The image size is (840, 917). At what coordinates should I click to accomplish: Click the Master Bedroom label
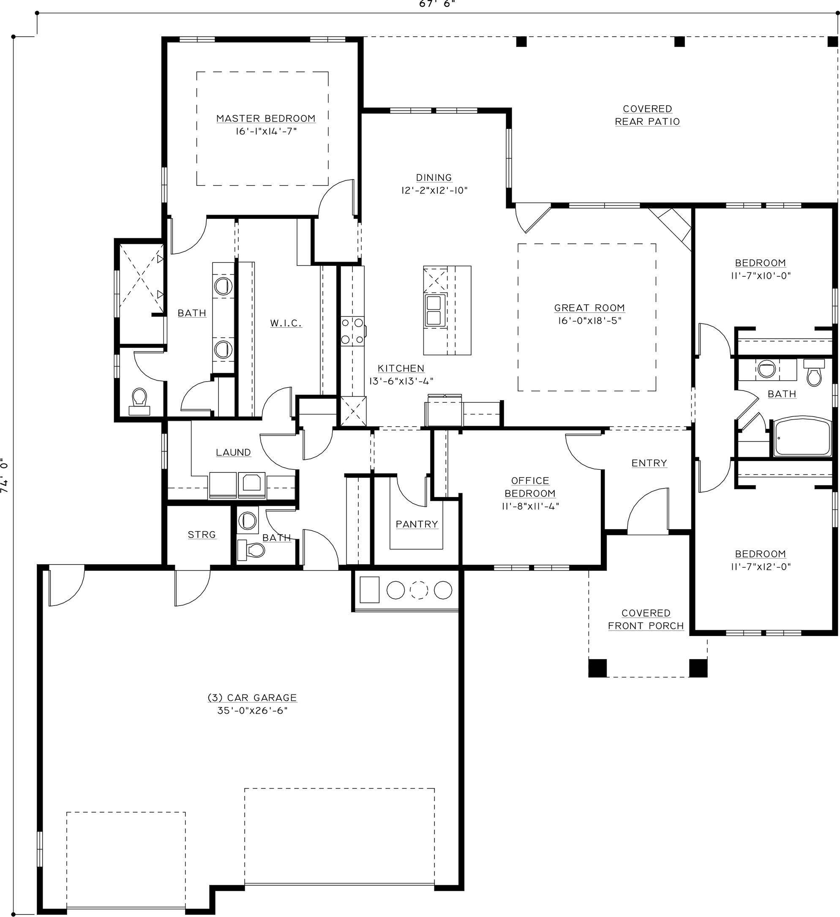(x=266, y=119)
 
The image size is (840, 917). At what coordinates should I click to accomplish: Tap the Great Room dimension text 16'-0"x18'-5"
(x=589, y=321)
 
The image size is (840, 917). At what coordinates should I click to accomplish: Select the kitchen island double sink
(x=435, y=310)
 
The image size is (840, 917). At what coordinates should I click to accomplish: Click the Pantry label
(x=417, y=524)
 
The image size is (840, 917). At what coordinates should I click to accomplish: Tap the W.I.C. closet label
(x=286, y=323)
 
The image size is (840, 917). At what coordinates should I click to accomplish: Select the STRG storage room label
(x=202, y=535)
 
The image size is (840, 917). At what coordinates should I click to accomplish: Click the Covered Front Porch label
(x=646, y=620)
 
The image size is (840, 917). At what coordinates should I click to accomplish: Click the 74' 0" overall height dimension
(x=5, y=475)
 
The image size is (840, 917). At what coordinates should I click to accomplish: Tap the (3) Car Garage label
(x=252, y=698)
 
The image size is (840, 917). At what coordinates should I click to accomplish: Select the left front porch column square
(x=597, y=668)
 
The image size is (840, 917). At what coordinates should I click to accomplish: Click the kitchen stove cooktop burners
(x=353, y=331)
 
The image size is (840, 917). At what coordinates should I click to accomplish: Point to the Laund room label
(x=233, y=453)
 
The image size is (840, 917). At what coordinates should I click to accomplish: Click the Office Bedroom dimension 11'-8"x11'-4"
(x=530, y=506)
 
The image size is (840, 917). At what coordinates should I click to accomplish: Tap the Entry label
(x=649, y=463)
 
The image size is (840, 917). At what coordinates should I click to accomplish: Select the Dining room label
(x=434, y=178)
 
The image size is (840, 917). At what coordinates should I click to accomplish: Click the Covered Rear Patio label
(x=647, y=115)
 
